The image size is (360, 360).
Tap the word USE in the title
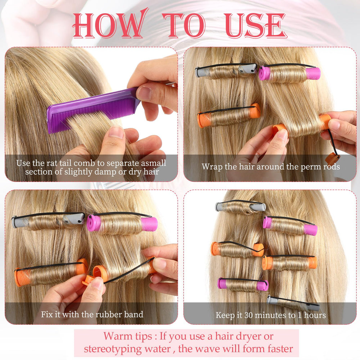pos(255,25)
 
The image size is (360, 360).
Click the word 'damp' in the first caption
pos(105,172)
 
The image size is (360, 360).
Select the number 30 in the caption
pos(248,315)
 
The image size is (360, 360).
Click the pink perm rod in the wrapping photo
pos(289,73)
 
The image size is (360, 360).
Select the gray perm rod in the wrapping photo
pos(226,71)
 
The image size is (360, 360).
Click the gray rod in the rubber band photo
pos(48,221)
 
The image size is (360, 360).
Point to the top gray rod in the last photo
pos(240,207)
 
